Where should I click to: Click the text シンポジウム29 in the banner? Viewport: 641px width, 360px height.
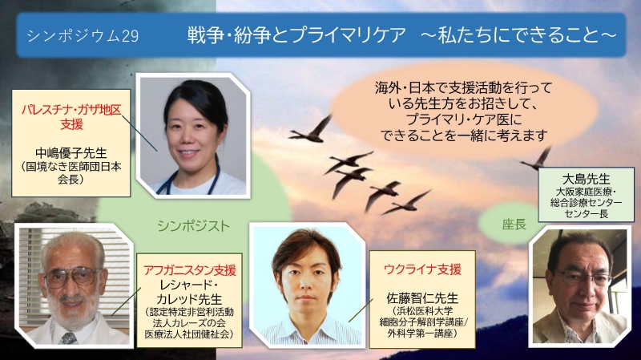[83, 36]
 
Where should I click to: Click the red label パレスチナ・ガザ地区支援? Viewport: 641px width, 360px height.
[71, 117]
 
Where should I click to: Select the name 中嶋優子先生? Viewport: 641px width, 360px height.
[71, 153]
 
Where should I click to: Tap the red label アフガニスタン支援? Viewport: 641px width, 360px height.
[190, 270]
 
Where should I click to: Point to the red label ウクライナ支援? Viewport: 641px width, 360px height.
[423, 269]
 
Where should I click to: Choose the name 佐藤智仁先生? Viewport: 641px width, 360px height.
[422, 298]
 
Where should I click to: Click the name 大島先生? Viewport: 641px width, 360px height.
[586, 179]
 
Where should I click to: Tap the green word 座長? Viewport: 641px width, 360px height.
[514, 224]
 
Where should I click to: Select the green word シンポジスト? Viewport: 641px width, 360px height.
[194, 226]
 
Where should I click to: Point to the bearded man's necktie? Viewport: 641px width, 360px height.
[68, 338]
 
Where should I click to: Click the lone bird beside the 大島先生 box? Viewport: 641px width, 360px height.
[536, 159]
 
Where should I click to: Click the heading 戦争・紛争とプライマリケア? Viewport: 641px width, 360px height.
[296, 35]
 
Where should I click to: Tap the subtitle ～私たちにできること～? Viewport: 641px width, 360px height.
[518, 35]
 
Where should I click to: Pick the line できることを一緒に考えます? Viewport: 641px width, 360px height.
[464, 135]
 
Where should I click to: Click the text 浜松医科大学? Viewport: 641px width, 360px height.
[423, 310]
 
